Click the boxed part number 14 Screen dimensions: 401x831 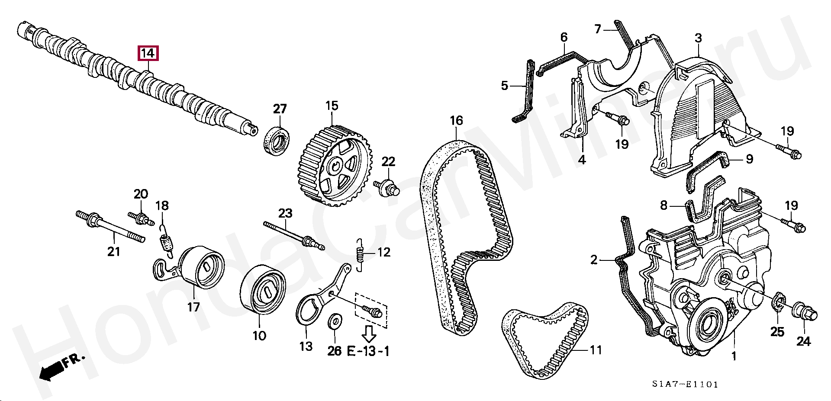point(148,53)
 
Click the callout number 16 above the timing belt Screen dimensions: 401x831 point(456,121)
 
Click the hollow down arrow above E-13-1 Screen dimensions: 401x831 point(368,333)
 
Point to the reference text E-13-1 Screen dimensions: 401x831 point(368,351)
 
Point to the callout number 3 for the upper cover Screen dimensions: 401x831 point(698,38)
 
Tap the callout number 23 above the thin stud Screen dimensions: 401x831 point(285,213)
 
